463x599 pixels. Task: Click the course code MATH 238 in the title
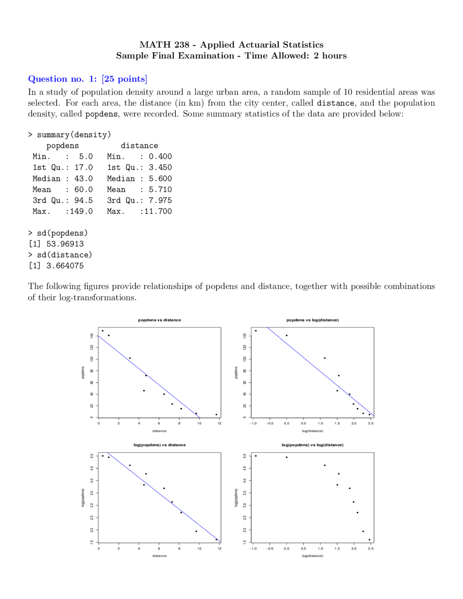point(164,44)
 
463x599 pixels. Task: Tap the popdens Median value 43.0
point(84,179)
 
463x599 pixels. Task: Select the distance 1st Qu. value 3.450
point(160,167)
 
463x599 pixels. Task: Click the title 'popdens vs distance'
point(160,320)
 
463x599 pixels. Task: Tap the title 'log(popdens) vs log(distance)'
point(313,445)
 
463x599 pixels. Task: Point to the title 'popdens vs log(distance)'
point(313,320)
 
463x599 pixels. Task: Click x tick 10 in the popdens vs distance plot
point(199,423)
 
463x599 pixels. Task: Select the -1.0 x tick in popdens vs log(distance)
point(253,423)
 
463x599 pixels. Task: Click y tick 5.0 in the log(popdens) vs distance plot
point(92,456)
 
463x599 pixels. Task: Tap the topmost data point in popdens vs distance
point(103,331)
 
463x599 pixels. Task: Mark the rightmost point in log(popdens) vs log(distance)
point(369,540)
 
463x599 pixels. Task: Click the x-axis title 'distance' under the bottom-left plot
point(160,556)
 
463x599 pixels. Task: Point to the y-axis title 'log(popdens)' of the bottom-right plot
point(236,498)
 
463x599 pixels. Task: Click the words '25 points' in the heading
point(124,79)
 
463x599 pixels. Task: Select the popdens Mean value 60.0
point(84,190)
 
